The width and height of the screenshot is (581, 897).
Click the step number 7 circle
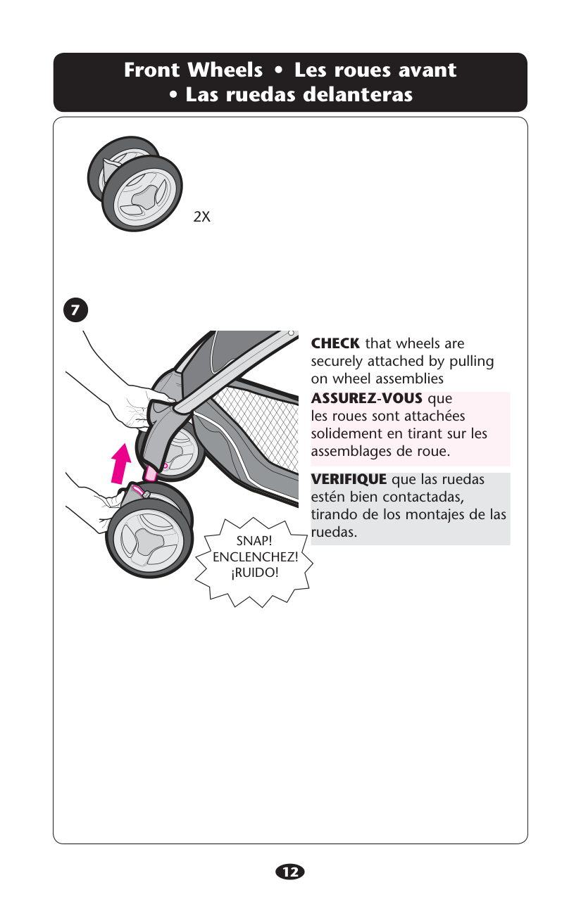coord(75,310)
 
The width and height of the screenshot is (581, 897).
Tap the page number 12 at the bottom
coord(290,872)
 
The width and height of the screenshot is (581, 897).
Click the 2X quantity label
coord(201,217)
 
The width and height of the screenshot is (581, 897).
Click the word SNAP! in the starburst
coord(254,540)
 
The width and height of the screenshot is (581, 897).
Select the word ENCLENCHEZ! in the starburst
coord(256,556)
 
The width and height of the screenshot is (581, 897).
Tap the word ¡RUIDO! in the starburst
coord(255,573)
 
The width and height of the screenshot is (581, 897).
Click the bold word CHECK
coord(335,343)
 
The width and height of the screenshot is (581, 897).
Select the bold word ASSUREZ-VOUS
coord(366,398)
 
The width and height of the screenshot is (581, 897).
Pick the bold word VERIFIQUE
coord(349,479)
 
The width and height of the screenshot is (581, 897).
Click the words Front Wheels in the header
coord(193,70)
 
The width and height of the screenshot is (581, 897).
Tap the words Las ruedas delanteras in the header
coord(299,94)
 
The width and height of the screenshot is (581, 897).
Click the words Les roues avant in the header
coord(375,70)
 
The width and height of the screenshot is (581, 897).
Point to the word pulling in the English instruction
coord(472,362)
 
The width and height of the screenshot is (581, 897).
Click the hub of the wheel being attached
coord(149,539)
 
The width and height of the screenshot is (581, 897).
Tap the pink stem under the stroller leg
coord(151,473)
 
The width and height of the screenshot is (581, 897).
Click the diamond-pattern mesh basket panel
coord(256,424)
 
